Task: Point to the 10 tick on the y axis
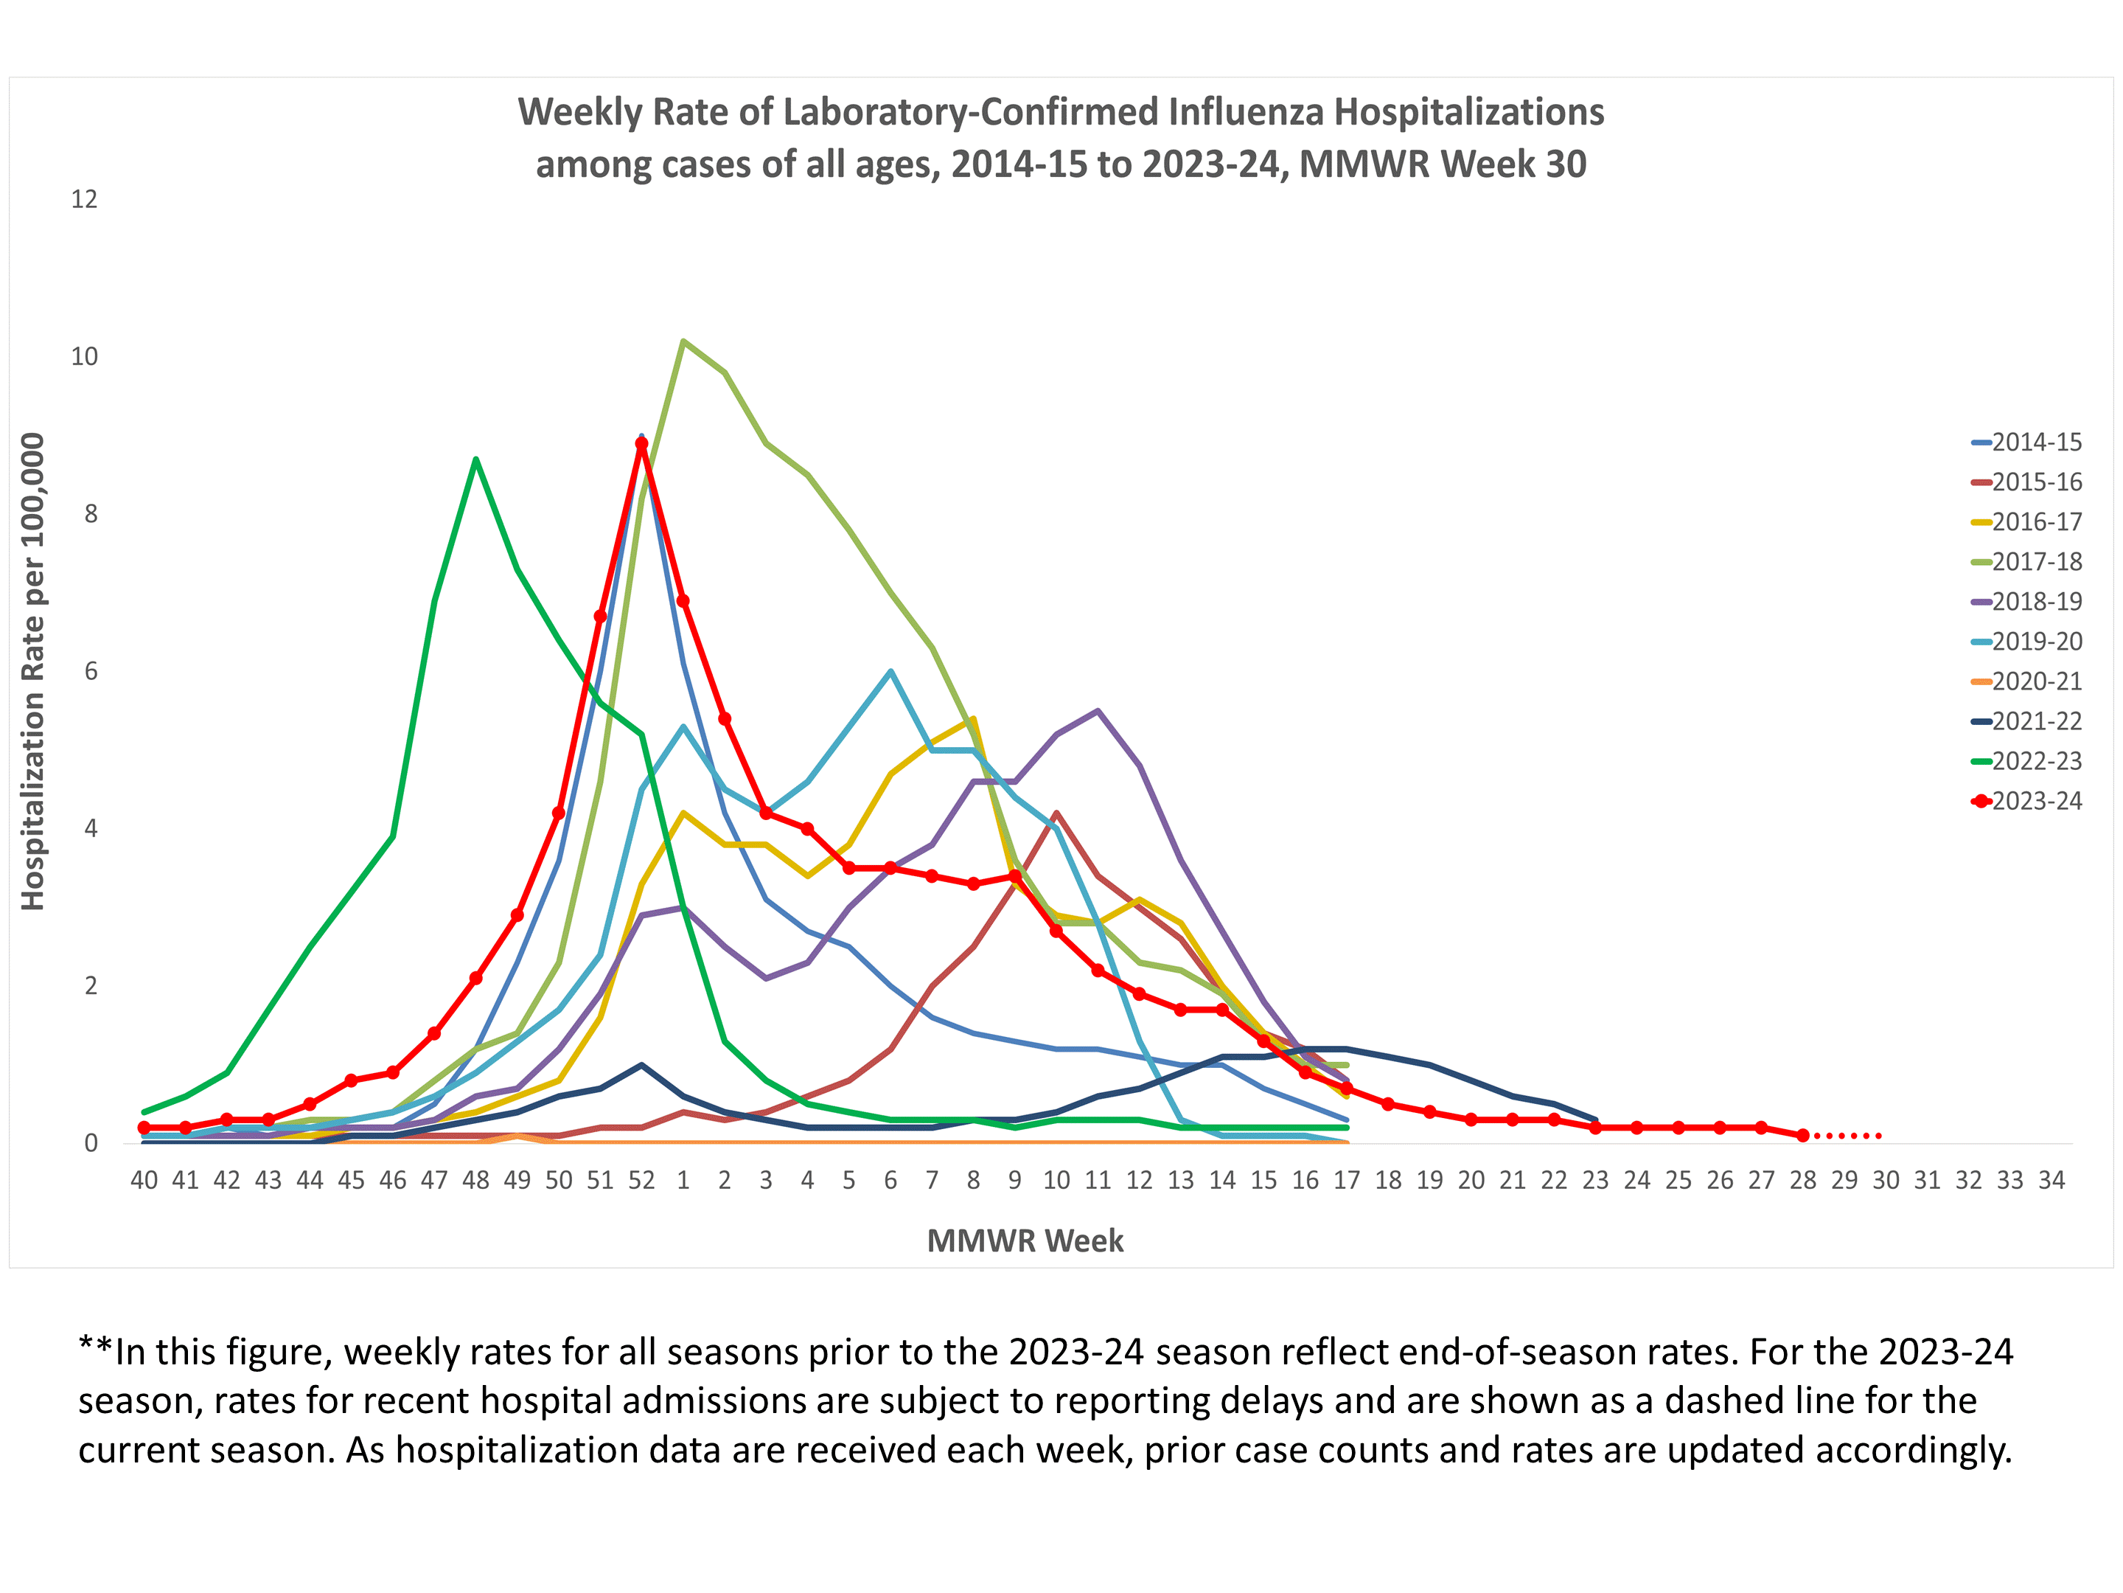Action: point(85,357)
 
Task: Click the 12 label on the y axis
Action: point(85,200)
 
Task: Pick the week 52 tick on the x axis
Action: point(641,1180)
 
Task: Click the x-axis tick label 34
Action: point(2051,1180)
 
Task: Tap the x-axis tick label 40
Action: point(144,1180)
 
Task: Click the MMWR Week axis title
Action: point(1025,1240)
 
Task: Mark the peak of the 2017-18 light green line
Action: point(683,341)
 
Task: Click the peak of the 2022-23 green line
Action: point(476,459)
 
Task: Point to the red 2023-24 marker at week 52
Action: point(641,444)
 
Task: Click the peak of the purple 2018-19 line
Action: point(1097,710)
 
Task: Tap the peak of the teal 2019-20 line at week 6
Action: point(890,671)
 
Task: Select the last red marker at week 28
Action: point(1802,1135)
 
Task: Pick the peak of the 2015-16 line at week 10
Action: point(1056,813)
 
